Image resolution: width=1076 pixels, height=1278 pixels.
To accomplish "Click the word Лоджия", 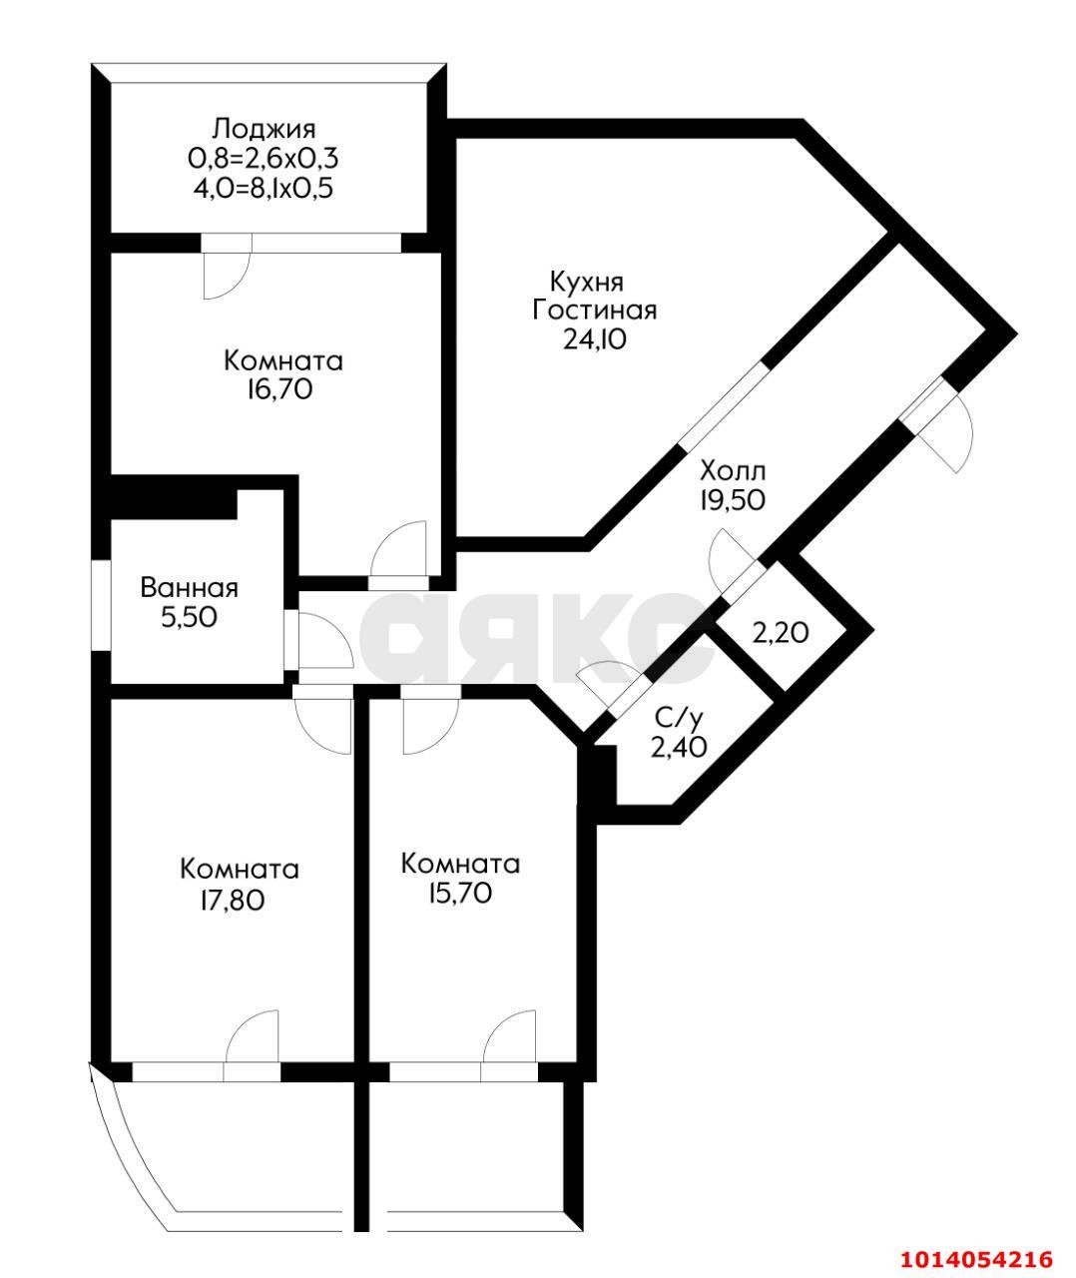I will [264, 129].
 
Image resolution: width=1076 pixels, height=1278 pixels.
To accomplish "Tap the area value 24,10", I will [595, 339].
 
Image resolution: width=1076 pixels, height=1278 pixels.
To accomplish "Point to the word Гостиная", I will [595, 310].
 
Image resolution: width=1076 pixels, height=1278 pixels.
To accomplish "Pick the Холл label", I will [733, 469].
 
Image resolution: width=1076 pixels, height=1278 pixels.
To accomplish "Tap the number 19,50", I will [733, 499].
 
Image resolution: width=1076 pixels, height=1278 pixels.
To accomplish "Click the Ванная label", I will [190, 588].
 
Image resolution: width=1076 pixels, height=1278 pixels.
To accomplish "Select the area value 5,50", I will [190, 618].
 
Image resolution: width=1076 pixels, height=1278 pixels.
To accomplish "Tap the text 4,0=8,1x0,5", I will [264, 187].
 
